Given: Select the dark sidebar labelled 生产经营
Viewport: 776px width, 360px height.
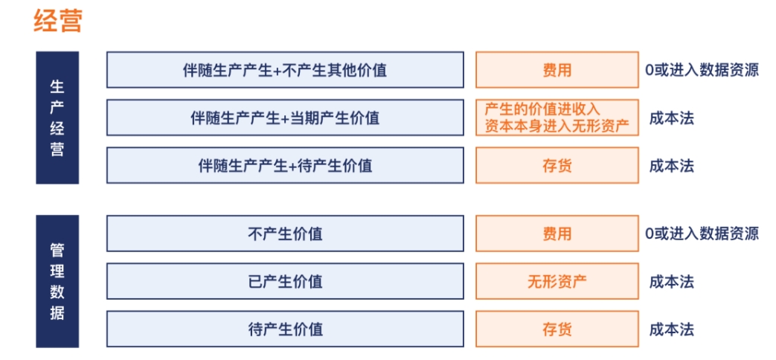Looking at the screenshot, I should click(57, 118).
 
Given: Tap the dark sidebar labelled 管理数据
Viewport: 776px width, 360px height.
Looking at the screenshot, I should click(57, 281).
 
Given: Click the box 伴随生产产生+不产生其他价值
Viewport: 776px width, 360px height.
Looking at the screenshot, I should click(285, 71).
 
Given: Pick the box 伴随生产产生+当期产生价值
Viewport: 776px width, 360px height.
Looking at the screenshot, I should click(285, 118).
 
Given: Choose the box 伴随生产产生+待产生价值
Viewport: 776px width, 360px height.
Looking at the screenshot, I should click(285, 165).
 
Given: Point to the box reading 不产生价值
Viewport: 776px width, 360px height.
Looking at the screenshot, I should click(285, 234).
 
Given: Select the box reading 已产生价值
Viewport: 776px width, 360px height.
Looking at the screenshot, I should click(285, 281).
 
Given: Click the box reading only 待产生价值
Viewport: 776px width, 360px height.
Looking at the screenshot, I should click(285, 329).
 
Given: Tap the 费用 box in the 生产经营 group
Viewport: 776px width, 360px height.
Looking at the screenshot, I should click(557, 71).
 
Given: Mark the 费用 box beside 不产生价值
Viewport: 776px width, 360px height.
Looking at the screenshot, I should click(557, 234).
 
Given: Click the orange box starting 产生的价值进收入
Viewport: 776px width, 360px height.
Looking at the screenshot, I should click(557, 118).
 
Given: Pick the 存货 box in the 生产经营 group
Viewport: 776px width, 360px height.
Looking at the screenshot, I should click(557, 165).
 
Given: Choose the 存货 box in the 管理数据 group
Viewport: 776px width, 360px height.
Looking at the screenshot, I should click(557, 329).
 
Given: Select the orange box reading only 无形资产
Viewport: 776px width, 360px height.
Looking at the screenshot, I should click(557, 281).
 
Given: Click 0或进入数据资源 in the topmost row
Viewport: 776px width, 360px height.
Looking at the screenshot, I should click(702, 71).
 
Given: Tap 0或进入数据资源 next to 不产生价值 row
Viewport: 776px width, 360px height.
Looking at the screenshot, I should click(702, 234).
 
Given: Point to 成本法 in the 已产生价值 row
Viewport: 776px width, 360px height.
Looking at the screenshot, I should click(671, 281).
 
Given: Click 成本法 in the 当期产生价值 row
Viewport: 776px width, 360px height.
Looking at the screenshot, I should click(671, 118).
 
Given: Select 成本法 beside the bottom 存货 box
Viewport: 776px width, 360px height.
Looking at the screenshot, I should click(671, 329).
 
